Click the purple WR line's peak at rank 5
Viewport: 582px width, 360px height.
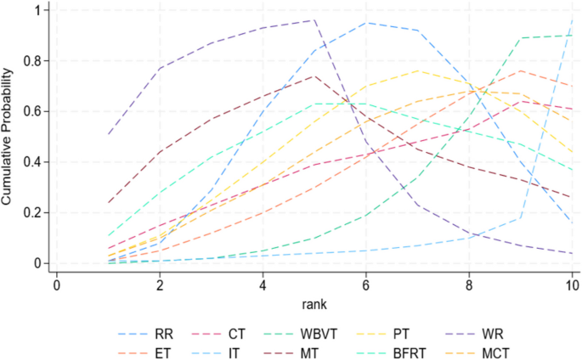point(314,20)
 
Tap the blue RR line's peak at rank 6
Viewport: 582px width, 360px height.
point(366,23)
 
